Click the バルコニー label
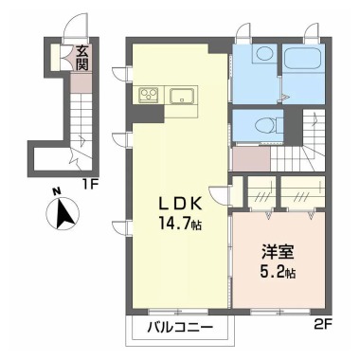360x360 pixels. (179, 329)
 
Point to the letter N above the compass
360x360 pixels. (58, 190)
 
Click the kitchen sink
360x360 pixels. (181, 95)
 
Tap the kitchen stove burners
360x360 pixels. (150, 94)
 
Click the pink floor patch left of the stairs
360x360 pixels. (250, 157)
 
